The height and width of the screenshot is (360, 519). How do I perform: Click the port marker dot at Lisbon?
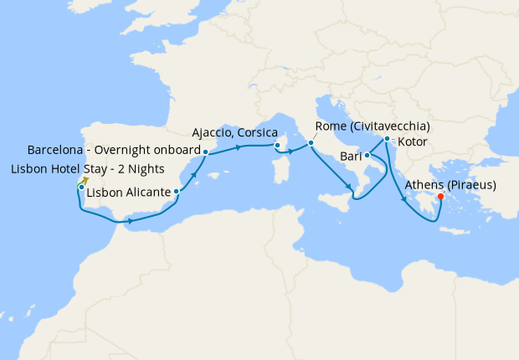click(x=80, y=187)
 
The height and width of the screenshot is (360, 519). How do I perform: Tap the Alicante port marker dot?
click(x=176, y=192)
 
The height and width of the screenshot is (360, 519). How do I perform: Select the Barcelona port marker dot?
click(x=205, y=152)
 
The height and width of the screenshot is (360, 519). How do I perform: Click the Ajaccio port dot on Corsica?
click(x=276, y=145)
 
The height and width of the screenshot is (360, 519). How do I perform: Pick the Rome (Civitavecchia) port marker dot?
click(x=311, y=142)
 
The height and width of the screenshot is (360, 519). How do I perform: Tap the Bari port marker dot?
click(x=367, y=155)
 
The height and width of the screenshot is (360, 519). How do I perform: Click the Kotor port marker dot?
click(x=387, y=139)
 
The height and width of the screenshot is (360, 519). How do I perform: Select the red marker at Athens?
click(x=441, y=198)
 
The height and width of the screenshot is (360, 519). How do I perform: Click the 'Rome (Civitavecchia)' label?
click(x=373, y=126)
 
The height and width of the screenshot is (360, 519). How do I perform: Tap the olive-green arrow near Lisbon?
click(x=85, y=179)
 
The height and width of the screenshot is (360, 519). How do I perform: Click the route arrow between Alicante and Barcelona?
click(x=193, y=174)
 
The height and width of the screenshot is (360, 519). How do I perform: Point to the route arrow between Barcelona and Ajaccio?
click(x=240, y=147)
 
